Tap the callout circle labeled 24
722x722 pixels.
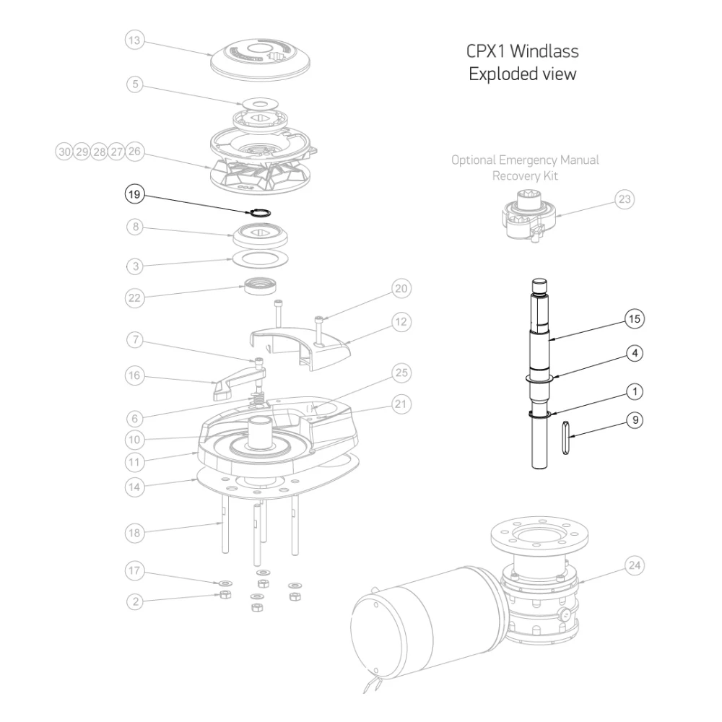coord(633,565)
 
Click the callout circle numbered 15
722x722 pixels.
coord(633,318)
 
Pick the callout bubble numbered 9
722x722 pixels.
coord(633,419)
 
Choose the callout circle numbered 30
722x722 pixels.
coord(65,152)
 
